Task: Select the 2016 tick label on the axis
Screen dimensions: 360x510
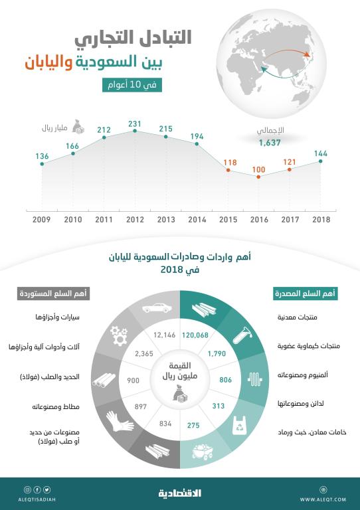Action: (259, 220)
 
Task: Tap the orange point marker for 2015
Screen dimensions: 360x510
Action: (228, 171)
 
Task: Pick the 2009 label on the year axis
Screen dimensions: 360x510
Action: (41, 220)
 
